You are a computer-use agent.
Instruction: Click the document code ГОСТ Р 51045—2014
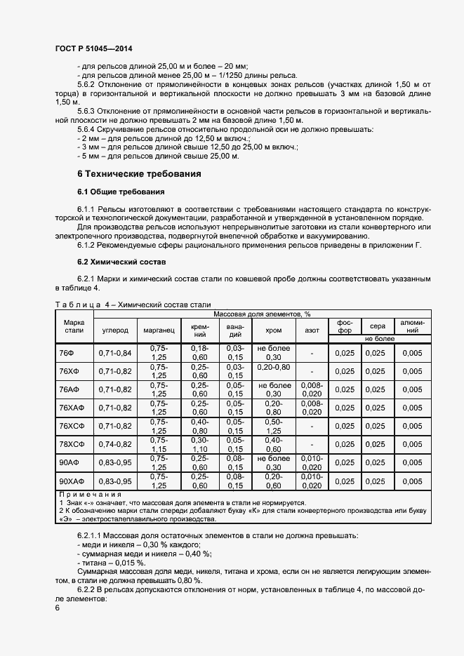point(93,48)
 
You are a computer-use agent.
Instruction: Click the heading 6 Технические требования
point(139,174)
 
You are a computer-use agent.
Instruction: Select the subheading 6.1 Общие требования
point(121,192)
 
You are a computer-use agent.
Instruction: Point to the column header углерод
point(115,329)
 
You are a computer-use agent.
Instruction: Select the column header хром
point(273,329)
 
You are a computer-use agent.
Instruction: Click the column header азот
point(311,329)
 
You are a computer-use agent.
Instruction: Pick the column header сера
point(378,326)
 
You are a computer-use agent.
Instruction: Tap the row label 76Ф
point(67,352)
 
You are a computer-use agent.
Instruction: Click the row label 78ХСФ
point(72,444)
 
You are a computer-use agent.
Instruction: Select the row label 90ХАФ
point(72,481)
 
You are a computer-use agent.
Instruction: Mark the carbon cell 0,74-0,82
point(115,444)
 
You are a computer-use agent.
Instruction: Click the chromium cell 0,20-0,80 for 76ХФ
point(273,367)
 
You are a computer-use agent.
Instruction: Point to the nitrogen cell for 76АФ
point(311,389)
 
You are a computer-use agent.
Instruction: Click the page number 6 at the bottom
point(58,607)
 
